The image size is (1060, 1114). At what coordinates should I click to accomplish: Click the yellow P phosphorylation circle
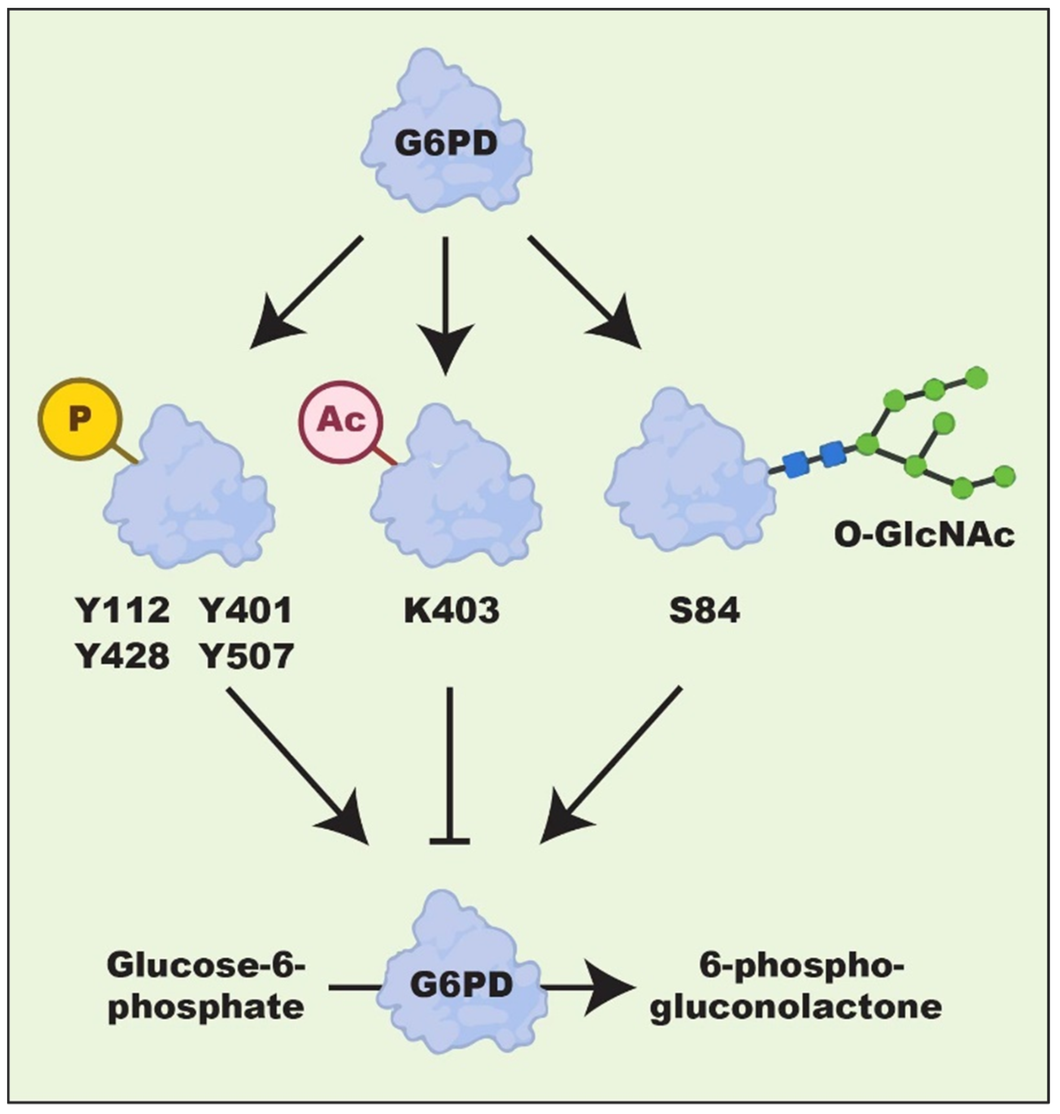(x=79, y=419)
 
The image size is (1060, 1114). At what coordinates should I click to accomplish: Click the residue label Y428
(x=123, y=656)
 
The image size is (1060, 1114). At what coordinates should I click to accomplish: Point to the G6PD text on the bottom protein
(x=461, y=985)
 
